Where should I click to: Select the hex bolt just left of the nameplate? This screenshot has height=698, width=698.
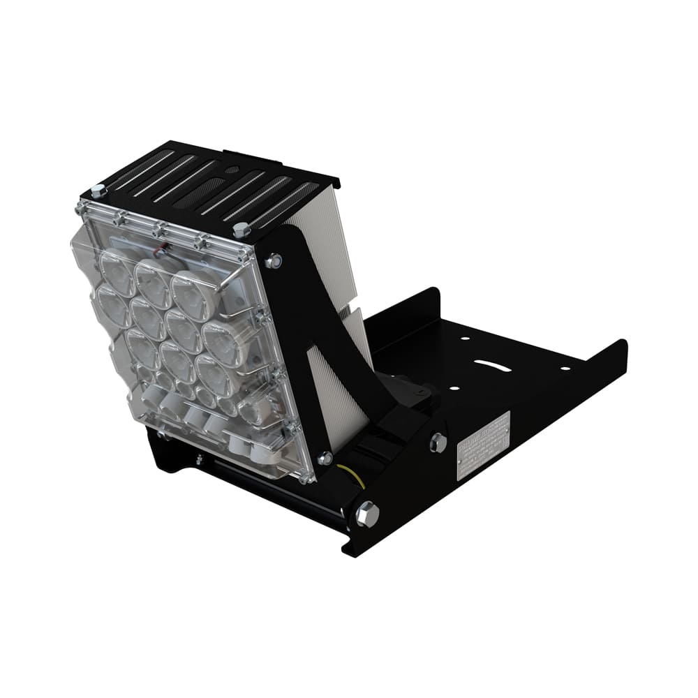(x=438, y=442)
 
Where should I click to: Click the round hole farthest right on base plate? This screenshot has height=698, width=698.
(x=564, y=367)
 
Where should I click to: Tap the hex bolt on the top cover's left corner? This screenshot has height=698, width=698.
(x=98, y=191)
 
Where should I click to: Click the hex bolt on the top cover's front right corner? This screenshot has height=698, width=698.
(x=242, y=230)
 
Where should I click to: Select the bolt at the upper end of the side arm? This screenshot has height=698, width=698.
(x=274, y=261)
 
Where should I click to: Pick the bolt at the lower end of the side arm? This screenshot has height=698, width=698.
(x=325, y=458)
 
